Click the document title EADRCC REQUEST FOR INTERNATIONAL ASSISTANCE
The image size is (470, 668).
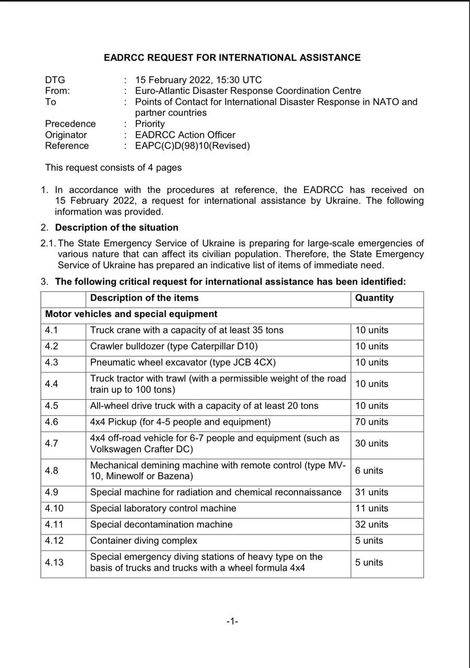(232, 57)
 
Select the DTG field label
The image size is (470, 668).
(55, 80)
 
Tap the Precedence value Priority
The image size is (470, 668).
(150, 124)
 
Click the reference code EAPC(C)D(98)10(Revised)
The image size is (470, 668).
(192, 146)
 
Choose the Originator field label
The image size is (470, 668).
(66, 135)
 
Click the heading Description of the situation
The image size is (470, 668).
(116, 228)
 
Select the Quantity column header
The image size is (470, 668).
(374, 298)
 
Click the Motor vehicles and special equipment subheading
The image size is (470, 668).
(131, 314)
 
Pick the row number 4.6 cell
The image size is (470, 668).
(52, 422)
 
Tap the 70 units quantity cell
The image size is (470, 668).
(372, 422)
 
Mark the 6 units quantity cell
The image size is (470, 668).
(369, 470)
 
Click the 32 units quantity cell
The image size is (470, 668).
(372, 524)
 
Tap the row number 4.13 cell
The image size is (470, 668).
(54, 562)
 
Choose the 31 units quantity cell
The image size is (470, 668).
(372, 492)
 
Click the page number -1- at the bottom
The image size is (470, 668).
(232, 621)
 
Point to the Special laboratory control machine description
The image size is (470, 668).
(163, 508)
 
